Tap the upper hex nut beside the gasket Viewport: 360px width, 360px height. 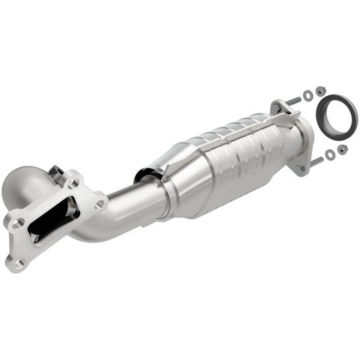[321, 91]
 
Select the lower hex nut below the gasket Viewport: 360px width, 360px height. [342, 149]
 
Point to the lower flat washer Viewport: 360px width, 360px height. [329, 154]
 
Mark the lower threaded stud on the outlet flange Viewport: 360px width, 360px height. [315, 160]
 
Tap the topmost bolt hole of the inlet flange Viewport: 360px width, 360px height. [73, 182]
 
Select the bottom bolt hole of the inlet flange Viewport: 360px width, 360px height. [19, 263]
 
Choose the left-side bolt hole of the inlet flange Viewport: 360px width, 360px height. [18, 222]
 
